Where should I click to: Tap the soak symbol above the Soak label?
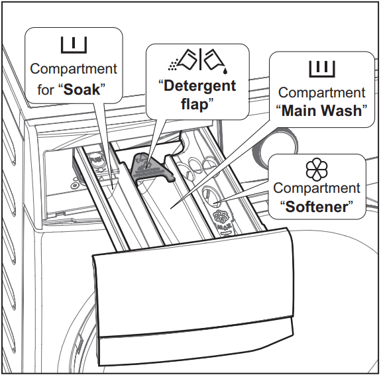click(x=74, y=45)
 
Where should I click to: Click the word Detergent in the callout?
click(x=200, y=85)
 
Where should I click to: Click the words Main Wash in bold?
click(x=322, y=110)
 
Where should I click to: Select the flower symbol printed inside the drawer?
click(x=221, y=217)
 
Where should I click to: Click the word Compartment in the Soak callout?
click(x=74, y=69)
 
